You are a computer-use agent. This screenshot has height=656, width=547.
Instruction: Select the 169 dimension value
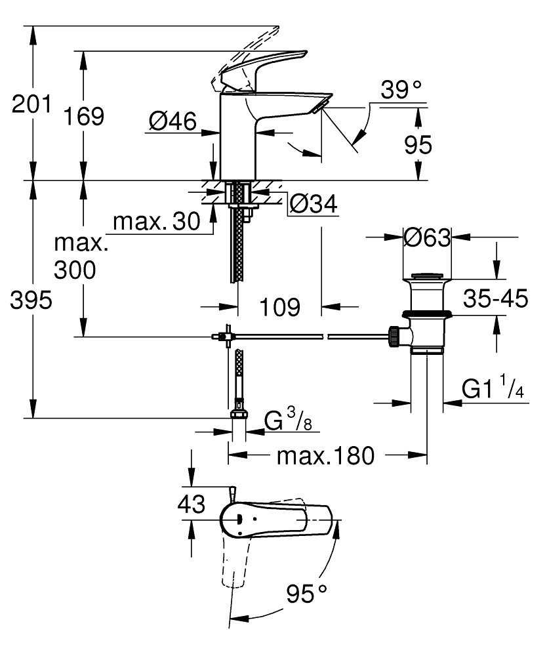(x=83, y=116)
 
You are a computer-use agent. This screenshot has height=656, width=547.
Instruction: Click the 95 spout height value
(x=418, y=144)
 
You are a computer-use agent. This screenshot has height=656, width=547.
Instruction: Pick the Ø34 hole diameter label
(x=312, y=205)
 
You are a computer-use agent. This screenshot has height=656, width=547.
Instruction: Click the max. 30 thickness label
(x=156, y=222)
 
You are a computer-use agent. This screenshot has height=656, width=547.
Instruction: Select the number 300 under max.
(x=74, y=270)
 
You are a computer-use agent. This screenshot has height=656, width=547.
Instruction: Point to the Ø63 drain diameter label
(x=427, y=237)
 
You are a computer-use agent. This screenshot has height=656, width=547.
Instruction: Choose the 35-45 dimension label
(x=495, y=299)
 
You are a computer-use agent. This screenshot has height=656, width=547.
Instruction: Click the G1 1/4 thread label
(x=493, y=389)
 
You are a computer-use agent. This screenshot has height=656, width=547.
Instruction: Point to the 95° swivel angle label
(x=306, y=594)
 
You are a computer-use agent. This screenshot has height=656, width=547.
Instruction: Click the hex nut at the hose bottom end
(x=239, y=414)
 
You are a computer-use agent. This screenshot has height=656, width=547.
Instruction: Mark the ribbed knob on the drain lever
(x=394, y=336)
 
